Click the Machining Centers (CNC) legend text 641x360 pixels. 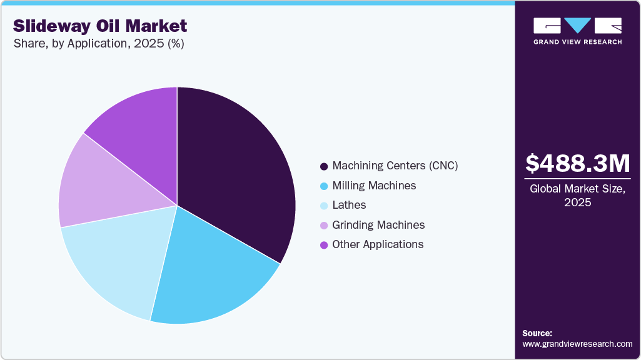pyautogui.click(x=395, y=166)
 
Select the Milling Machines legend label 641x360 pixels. pyautogui.click(x=374, y=186)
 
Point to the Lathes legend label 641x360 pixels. pyautogui.click(x=349, y=205)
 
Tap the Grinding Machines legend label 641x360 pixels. pyautogui.click(x=378, y=225)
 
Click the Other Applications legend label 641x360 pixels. pyautogui.click(x=378, y=244)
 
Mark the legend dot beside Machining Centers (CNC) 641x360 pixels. pyautogui.click(x=324, y=166)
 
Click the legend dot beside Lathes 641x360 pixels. pyautogui.click(x=324, y=206)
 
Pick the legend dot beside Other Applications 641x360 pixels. pyautogui.click(x=324, y=245)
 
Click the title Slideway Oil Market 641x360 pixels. pyautogui.click(x=100, y=26)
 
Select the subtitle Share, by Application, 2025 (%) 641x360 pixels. pyautogui.click(x=98, y=44)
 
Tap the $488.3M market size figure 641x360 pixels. pyautogui.click(x=578, y=164)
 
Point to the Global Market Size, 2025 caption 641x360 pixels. pyautogui.click(x=578, y=195)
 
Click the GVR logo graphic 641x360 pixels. pyautogui.click(x=578, y=26)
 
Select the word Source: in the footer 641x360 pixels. pyautogui.click(x=537, y=333)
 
